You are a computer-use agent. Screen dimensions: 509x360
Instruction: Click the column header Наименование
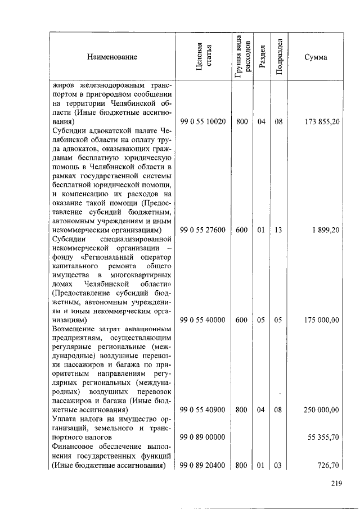click(112, 57)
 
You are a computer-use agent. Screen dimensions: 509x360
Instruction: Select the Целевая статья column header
click(202, 57)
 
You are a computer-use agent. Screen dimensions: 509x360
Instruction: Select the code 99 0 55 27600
click(202, 230)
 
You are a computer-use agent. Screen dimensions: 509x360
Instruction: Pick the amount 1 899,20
click(326, 230)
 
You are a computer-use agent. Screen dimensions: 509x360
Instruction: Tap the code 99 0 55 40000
click(202, 320)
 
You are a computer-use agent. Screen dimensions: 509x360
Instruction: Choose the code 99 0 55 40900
click(202, 410)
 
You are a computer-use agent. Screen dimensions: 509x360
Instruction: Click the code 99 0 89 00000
click(202, 437)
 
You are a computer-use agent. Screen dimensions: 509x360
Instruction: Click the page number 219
click(336, 483)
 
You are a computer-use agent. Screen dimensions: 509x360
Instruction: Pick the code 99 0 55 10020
click(202, 121)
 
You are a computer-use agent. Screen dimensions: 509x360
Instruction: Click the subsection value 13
click(278, 230)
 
